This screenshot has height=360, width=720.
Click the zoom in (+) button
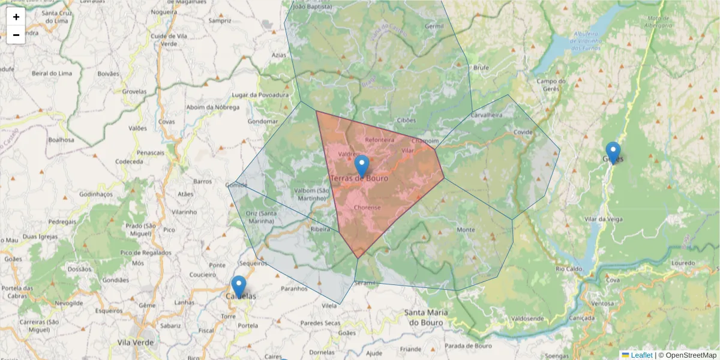pos(16,17)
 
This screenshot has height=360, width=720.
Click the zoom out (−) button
pos(16,35)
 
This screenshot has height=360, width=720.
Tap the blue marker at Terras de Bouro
pos(362,166)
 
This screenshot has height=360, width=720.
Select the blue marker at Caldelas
pos(239,286)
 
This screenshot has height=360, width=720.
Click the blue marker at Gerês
pos(613,152)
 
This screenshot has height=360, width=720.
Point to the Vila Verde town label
pos(136,343)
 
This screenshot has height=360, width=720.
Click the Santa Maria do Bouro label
pos(424,317)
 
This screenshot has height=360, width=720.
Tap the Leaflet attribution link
pos(641,355)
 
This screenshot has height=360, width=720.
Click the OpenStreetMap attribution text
pos(691,355)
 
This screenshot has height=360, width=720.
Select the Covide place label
pos(523,132)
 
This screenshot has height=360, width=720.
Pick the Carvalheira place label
pos(487,114)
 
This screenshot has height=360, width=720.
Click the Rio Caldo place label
pos(569,269)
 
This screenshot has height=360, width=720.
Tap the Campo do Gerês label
pos(551,85)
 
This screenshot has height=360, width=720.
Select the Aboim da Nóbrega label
pos(213,107)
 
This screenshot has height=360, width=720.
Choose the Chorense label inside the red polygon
pos(367,208)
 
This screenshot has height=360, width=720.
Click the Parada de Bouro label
pos(468,346)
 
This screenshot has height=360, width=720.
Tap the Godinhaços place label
pos(96,194)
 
